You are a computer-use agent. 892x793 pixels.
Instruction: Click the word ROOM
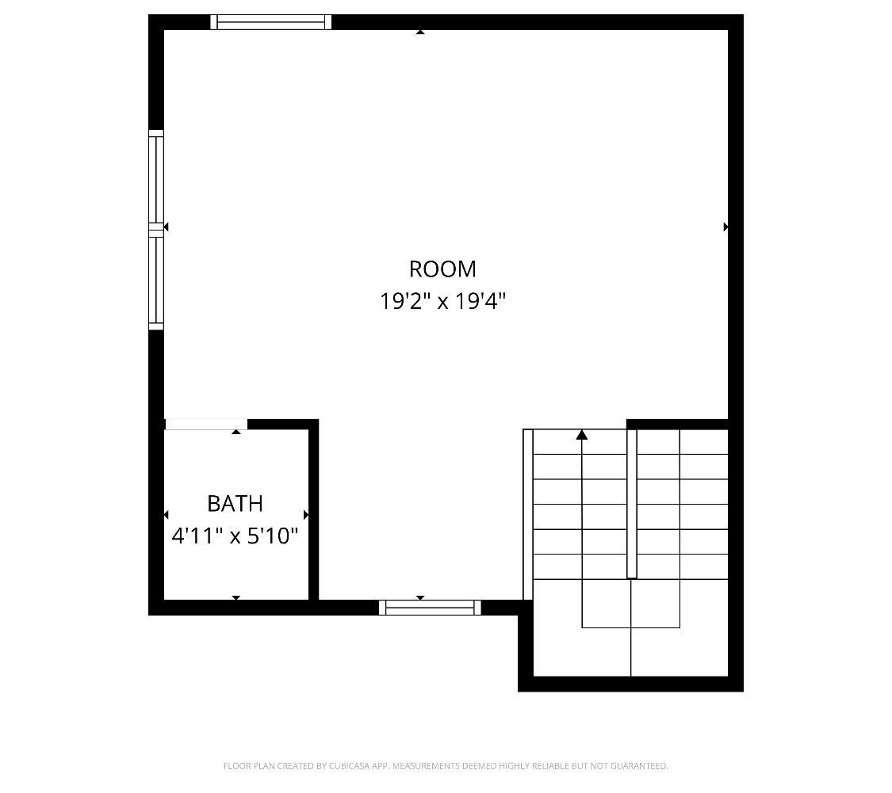[442, 269]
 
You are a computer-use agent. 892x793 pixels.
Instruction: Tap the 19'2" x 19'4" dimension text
[442, 302]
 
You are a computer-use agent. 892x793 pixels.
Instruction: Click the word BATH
[235, 504]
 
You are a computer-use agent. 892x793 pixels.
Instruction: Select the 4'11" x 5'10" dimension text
[235, 536]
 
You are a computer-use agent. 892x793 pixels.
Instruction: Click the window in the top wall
[271, 22]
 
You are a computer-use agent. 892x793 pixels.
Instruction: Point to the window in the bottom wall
[430, 608]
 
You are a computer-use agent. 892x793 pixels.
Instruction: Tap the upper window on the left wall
[156, 178]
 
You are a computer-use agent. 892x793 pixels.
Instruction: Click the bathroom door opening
[205, 425]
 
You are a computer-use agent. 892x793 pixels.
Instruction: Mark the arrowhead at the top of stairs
[582, 434]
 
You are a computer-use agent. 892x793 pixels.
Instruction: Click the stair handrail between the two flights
[632, 504]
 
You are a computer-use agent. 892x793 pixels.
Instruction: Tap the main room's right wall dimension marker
[725, 227]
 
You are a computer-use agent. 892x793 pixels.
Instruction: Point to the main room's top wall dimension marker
[420, 32]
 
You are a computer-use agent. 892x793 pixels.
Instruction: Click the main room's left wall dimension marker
[166, 227]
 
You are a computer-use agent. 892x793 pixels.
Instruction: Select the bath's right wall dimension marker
[306, 515]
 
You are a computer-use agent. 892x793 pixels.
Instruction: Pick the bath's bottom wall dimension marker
[236, 597]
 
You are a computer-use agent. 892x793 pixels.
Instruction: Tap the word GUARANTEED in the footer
[640, 766]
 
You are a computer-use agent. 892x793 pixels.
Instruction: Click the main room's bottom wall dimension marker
[420, 598]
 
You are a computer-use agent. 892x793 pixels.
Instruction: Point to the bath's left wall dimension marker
[166, 515]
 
